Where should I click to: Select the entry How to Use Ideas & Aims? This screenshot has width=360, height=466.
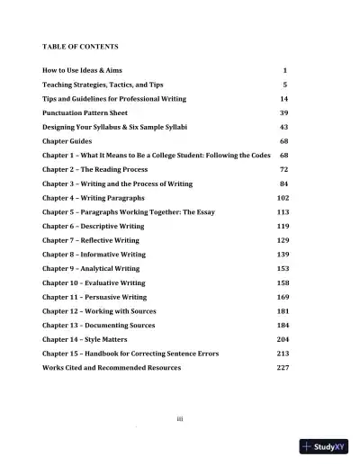pyautogui.click(x=86, y=69)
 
